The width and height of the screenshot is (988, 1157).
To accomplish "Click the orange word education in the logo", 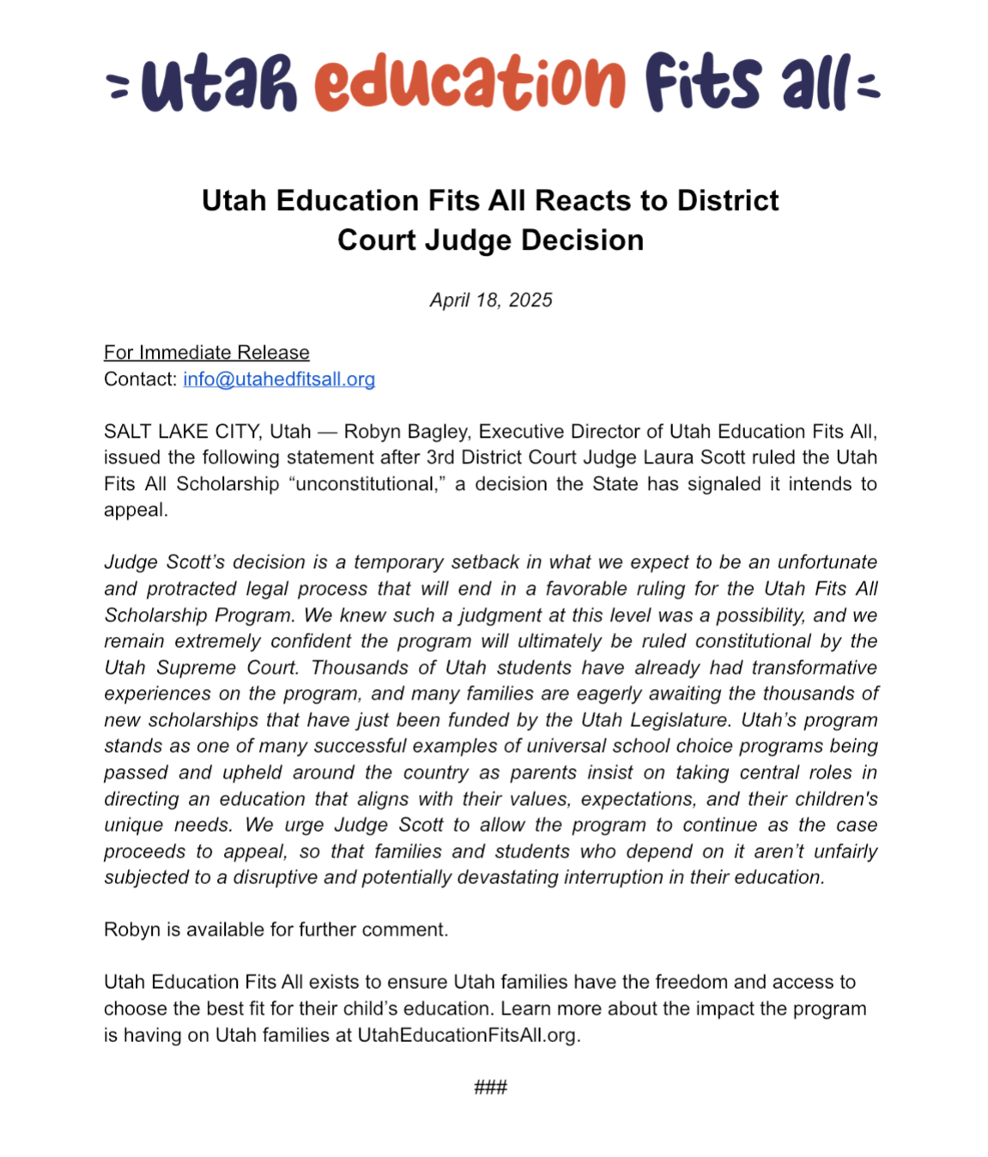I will pos(470,82).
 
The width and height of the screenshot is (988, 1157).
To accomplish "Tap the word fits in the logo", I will pos(702,82).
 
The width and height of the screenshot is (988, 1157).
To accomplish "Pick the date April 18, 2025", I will pos(491,300).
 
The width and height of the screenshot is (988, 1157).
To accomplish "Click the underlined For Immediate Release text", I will pos(206,353).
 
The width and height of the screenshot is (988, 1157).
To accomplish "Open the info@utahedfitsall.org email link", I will pos(279,379).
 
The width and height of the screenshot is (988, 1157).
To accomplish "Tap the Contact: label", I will pos(141,379).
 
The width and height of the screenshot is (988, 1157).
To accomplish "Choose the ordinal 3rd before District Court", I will pos(441,457).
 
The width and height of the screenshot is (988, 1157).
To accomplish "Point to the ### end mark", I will pos(490,1087).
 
